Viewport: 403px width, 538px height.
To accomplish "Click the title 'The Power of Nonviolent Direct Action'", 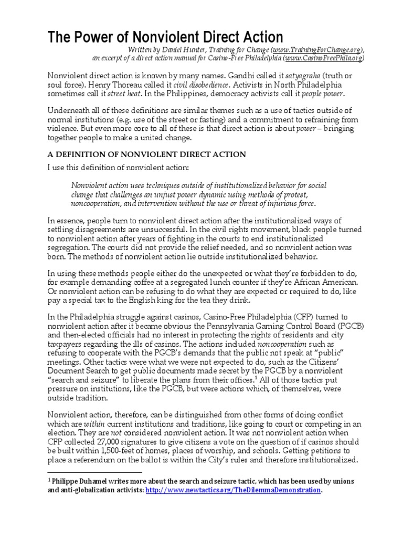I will pyautogui.click(x=165, y=37).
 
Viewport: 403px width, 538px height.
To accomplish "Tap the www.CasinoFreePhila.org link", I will pyautogui.click(x=324, y=58).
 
